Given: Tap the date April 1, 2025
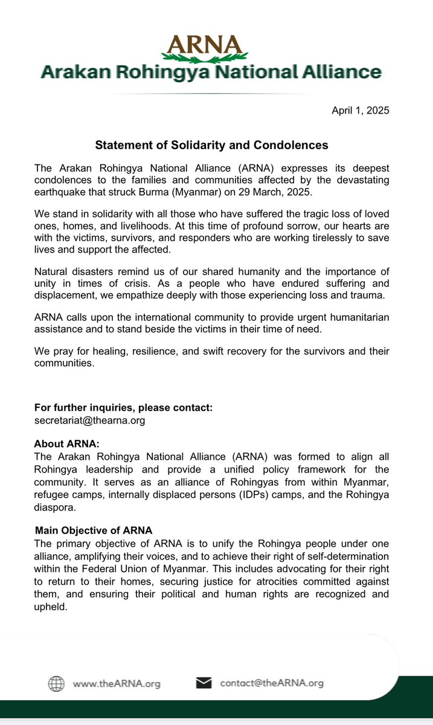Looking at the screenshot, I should click(361, 111).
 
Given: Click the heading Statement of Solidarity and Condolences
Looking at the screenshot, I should click(211, 145).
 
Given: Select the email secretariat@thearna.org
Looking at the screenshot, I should click(89, 420).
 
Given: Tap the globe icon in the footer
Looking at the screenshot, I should click(56, 683).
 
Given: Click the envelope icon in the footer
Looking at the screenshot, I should click(204, 683).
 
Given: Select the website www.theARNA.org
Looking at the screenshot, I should click(117, 684).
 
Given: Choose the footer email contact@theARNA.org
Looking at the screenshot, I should click(272, 683).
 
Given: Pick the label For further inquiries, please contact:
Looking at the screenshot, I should click(123, 408).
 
